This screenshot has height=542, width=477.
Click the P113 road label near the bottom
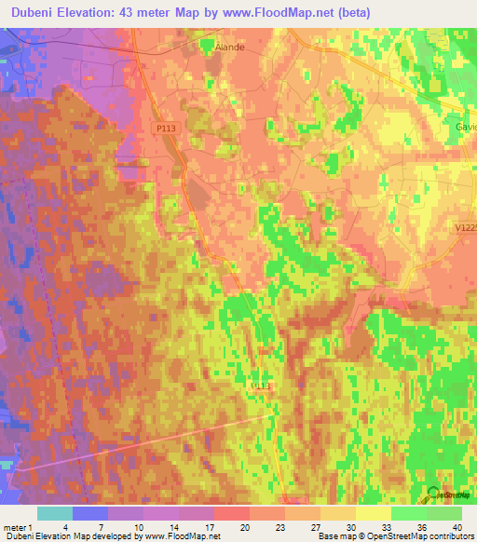pyautogui.click(x=262, y=385)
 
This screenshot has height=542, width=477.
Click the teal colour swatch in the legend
pyautogui.click(x=55, y=513)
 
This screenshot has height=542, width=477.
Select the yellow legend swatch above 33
pyautogui.click(x=374, y=513)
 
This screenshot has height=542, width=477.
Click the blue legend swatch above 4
pyautogui.click(x=90, y=513)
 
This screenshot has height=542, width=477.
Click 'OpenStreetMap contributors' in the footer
pyautogui.click(x=417, y=536)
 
